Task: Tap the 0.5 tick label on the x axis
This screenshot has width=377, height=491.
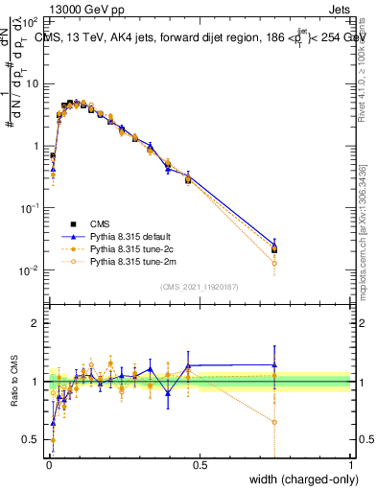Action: pyautogui.click(x=200, y=464)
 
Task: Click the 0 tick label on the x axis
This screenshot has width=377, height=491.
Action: pyautogui.click(x=49, y=464)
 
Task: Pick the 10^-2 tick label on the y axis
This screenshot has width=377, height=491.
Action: pyautogui.click(x=31, y=271)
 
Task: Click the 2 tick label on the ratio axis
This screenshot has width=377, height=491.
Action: pyautogui.click(x=35, y=323)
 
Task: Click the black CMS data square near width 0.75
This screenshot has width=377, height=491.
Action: pyautogui.click(x=275, y=250)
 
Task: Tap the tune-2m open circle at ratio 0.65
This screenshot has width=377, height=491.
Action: pyautogui.click(x=275, y=422)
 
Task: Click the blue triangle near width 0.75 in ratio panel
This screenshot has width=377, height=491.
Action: pyautogui.click(x=275, y=364)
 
